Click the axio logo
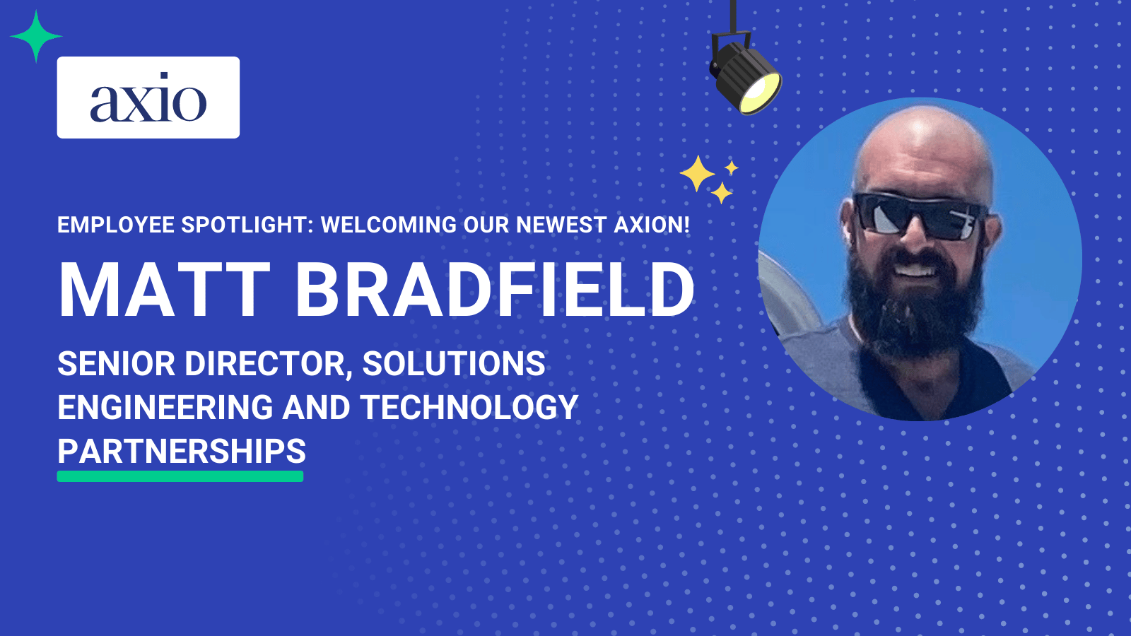pyautogui.click(x=148, y=98)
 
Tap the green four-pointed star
pyautogui.click(x=36, y=36)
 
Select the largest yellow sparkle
pyautogui.click(x=697, y=173)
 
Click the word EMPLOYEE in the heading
pyautogui.click(x=116, y=225)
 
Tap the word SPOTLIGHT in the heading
pyautogui.click(x=247, y=225)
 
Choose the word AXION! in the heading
pyautogui.click(x=652, y=225)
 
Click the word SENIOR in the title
pyautogui.click(x=117, y=363)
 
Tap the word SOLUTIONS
pyautogui.click(x=454, y=363)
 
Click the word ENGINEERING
pyautogui.click(x=165, y=407)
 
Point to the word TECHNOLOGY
pyautogui.click(x=469, y=407)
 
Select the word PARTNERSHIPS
pyautogui.click(x=182, y=451)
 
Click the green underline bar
pyautogui.click(x=180, y=476)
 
